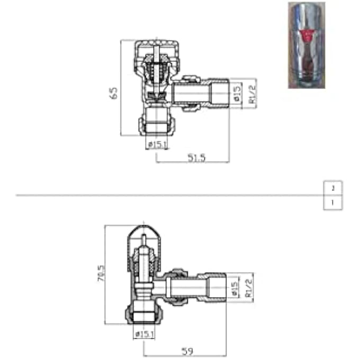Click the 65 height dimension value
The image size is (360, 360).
click(x=113, y=93)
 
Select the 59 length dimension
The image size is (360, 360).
click(x=186, y=350)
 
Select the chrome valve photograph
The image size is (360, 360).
click(x=307, y=44)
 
